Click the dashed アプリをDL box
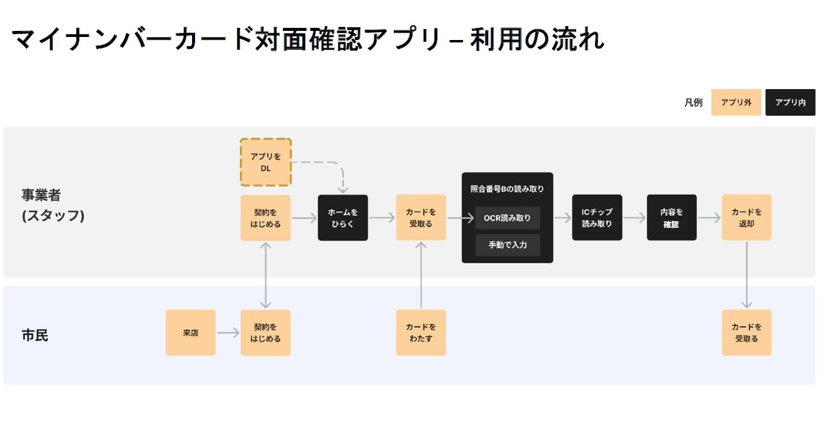(x=265, y=162)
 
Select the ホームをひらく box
(x=342, y=218)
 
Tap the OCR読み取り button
(x=507, y=218)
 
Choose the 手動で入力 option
(x=507, y=245)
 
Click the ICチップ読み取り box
(x=597, y=218)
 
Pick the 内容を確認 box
(x=671, y=218)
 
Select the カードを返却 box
(x=746, y=218)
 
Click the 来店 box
(x=190, y=333)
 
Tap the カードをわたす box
(x=420, y=333)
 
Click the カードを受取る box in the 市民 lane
(x=746, y=333)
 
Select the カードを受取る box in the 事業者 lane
(x=420, y=218)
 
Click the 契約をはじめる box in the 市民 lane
(x=265, y=333)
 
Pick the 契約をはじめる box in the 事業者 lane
(x=265, y=218)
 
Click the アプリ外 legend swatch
(x=736, y=102)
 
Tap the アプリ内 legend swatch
(x=790, y=102)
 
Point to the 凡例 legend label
(x=693, y=102)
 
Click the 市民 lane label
(x=35, y=335)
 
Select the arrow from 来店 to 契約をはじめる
(x=228, y=333)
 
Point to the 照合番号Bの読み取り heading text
(x=507, y=189)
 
